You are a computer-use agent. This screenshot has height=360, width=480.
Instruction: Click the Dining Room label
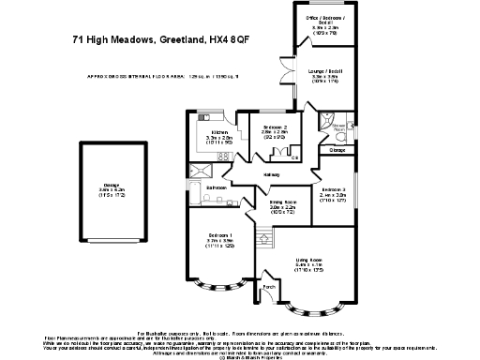pyautogui.click(x=283, y=202)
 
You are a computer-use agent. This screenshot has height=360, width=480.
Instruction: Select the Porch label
pyautogui.click(x=269, y=286)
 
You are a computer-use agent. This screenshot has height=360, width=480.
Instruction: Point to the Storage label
pyautogui.click(x=337, y=150)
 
